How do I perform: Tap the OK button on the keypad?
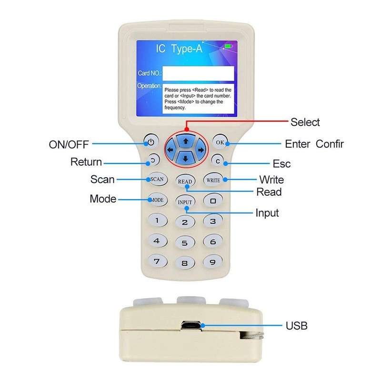pos(220,142)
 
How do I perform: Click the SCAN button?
pos(157,180)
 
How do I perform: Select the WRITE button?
pos(212,180)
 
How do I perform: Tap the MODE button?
pos(157,200)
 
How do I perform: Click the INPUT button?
pos(185,202)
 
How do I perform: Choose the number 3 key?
pos(213,221)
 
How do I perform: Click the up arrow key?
pos(185,141)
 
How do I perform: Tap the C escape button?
pos(218,161)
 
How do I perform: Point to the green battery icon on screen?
pos(229,46)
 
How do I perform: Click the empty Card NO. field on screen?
pos(198,73)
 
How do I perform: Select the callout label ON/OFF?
pos(69,144)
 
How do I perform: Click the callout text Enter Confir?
pos(314,144)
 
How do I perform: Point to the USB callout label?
pos(296,326)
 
